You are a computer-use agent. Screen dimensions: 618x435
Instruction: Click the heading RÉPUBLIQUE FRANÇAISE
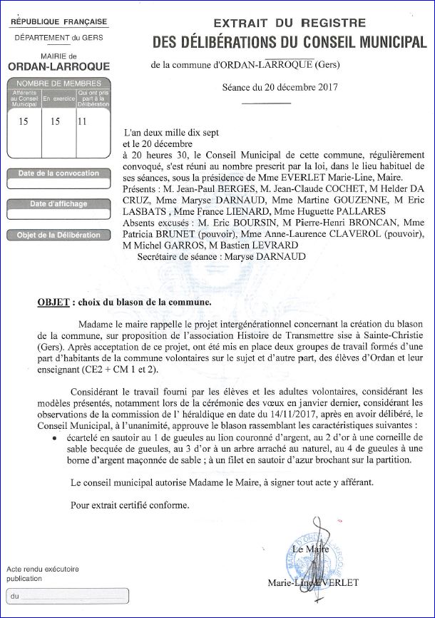[x=59, y=22]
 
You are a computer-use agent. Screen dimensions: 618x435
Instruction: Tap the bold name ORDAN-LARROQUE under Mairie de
[x=58, y=67]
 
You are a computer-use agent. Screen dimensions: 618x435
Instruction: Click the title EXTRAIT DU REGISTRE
[x=290, y=24]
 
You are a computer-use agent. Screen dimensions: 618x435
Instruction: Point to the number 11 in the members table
[x=82, y=121]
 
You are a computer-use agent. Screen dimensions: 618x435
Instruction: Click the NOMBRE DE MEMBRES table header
[x=58, y=83]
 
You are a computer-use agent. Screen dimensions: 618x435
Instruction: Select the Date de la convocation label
[x=58, y=173]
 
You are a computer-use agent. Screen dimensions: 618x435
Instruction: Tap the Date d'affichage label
[x=58, y=204]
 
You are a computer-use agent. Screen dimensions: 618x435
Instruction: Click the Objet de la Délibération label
[x=58, y=235]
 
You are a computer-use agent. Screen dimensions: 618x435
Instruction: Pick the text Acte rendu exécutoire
[x=43, y=569]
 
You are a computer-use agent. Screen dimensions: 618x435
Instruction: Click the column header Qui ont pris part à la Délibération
[x=93, y=98]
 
